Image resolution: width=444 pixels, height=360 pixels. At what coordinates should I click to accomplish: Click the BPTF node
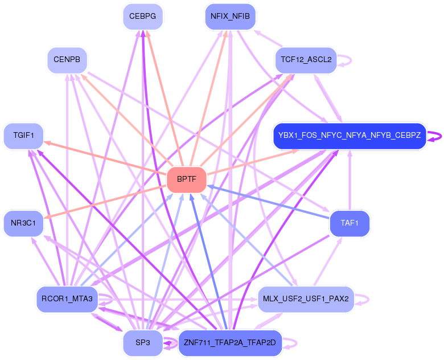click(x=187, y=179)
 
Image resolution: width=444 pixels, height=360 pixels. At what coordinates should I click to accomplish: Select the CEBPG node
click(x=143, y=17)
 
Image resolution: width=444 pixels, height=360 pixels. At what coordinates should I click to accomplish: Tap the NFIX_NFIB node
click(x=230, y=17)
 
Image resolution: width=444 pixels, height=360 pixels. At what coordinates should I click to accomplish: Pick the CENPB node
click(x=67, y=60)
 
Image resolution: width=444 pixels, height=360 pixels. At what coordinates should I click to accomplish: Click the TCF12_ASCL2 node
click(x=306, y=60)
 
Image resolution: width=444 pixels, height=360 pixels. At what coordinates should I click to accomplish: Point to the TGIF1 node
click(x=23, y=136)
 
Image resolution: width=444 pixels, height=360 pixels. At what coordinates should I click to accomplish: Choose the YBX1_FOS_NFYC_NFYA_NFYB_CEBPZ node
click(x=350, y=136)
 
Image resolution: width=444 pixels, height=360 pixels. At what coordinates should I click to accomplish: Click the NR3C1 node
click(x=23, y=223)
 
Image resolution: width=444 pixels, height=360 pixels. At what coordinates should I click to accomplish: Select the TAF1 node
click(x=350, y=223)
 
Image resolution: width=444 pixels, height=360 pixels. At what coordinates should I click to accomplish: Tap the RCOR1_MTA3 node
click(x=67, y=299)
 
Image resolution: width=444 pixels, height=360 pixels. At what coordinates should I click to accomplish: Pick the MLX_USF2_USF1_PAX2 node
click(x=306, y=299)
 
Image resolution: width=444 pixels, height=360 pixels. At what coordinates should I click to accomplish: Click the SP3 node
click(x=143, y=343)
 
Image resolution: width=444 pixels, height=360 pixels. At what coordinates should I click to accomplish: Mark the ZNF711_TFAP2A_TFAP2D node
click(x=230, y=343)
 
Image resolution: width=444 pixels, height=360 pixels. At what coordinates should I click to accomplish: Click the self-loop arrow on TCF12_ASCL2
click(x=351, y=60)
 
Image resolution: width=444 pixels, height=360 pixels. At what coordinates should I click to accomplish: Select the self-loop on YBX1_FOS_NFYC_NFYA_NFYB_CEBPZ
click(x=441, y=137)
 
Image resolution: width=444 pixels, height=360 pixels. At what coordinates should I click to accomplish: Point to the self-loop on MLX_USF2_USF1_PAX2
click(x=369, y=300)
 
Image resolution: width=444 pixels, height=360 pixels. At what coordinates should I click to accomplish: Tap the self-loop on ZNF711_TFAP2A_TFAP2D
click(x=297, y=343)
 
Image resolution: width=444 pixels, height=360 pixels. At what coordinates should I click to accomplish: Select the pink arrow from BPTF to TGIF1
click(x=105, y=157)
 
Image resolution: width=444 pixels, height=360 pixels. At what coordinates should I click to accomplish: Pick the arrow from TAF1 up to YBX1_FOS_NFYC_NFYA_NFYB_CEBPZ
click(x=350, y=180)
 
